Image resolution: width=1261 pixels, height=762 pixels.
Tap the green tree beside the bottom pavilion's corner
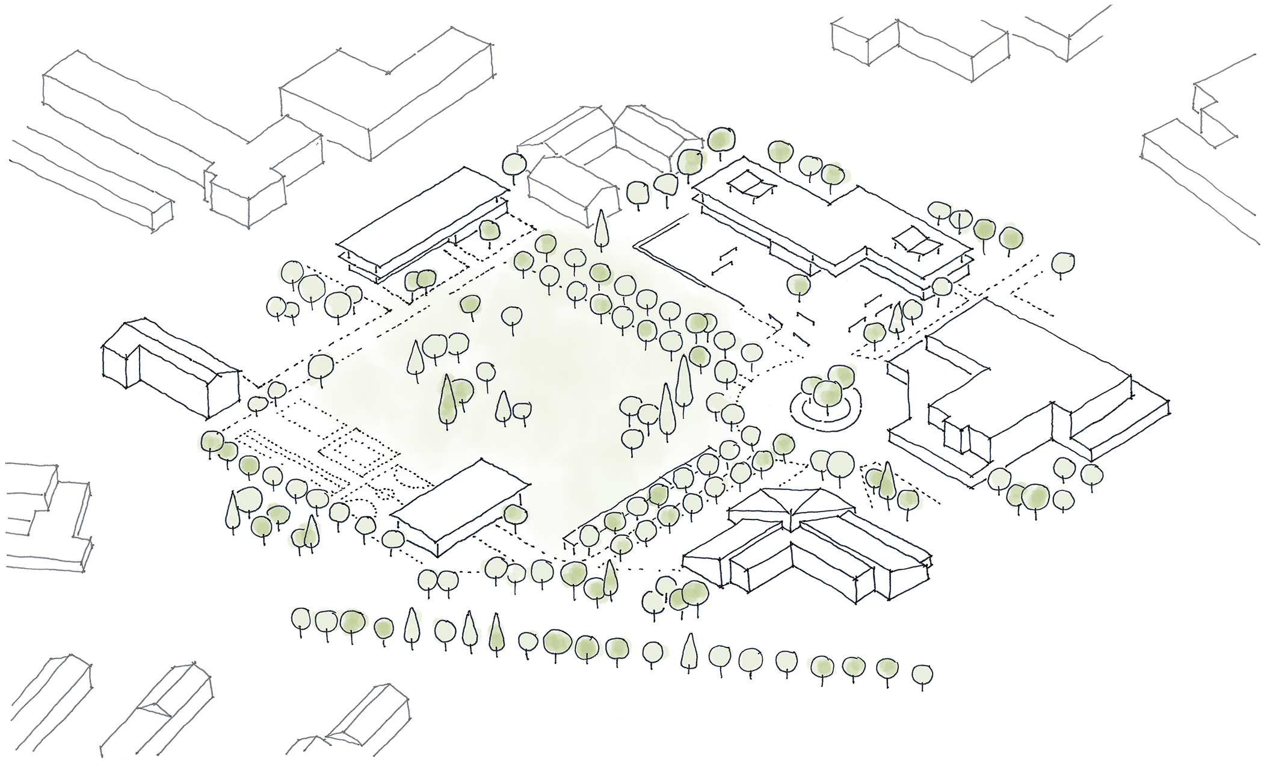(x=515, y=515)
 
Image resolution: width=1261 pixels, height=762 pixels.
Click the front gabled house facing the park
(x=572, y=187)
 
